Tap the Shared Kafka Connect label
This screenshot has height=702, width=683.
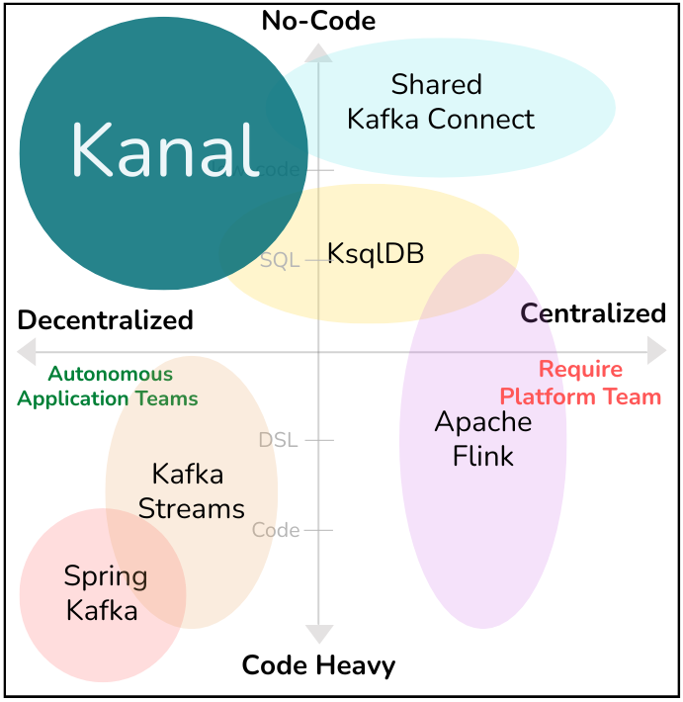439,102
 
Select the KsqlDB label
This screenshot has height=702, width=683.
376,254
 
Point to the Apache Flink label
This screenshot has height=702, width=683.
483,438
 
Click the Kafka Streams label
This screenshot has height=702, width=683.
190,491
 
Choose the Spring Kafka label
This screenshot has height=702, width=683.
104,593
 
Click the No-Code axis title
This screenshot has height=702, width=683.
318,20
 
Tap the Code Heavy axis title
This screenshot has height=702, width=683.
318,665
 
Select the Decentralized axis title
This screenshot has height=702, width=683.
106,320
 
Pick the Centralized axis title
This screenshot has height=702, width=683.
593,313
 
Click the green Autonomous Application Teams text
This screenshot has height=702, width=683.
108,387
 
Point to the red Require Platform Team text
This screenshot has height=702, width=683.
580,384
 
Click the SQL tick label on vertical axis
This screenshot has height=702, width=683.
280,261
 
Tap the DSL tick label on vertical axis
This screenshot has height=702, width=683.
278,440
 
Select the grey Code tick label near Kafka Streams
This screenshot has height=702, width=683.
276,530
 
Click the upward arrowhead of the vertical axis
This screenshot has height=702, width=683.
318,51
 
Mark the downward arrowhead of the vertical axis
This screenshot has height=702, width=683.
318,634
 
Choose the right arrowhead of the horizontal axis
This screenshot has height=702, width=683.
657,350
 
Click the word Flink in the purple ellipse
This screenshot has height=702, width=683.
483,456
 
